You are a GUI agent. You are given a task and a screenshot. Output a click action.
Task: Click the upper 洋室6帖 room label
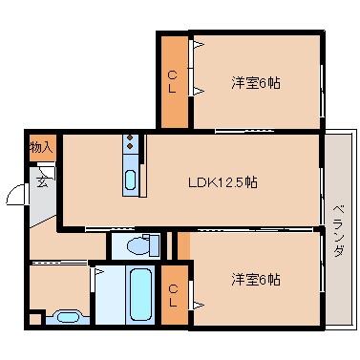tap(255, 82)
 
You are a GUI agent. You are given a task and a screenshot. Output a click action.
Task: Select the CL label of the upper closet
tap(174, 81)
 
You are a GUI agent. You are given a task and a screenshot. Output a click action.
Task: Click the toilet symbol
tap(139, 245)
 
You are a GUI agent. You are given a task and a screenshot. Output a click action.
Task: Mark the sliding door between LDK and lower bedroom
tap(258, 229)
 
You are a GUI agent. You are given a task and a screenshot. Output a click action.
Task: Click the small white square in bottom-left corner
tap(35, 319)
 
